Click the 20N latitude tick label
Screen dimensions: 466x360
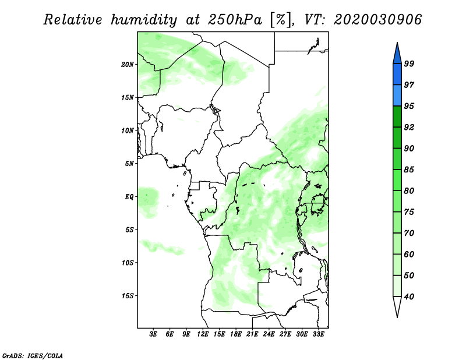[x=127, y=65]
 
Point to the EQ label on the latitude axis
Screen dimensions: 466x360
[x=129, y=197]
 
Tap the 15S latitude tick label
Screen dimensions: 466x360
[x=128, y=296]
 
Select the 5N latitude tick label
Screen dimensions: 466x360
[x=129, y=164]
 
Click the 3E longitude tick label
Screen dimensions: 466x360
[x=153, y=334]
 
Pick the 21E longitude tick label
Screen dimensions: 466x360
[x=252, y=334]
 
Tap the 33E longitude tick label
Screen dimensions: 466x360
[x=318, y=334]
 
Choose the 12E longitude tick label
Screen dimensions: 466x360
[x=203, y=334]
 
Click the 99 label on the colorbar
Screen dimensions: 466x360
[x=409, y=63]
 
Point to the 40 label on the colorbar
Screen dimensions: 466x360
[x=409, y=297]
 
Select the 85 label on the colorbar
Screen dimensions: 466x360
[x=409, y=170]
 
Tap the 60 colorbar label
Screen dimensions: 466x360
[x=409, y=255]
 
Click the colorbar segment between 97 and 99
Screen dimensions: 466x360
[x=397, y=75]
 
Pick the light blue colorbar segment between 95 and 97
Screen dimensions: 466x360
[x=397, y=96]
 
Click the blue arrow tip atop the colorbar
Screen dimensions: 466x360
[x=397, y=43]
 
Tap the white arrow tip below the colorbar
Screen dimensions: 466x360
[x=397, y=317]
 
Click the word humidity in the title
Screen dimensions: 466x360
[x=144, y=20]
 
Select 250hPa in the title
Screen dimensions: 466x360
[x=235, y=20]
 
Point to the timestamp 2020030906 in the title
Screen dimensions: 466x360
[x=377, y=20]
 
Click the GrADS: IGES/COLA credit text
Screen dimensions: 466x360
[x=33, y=355]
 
